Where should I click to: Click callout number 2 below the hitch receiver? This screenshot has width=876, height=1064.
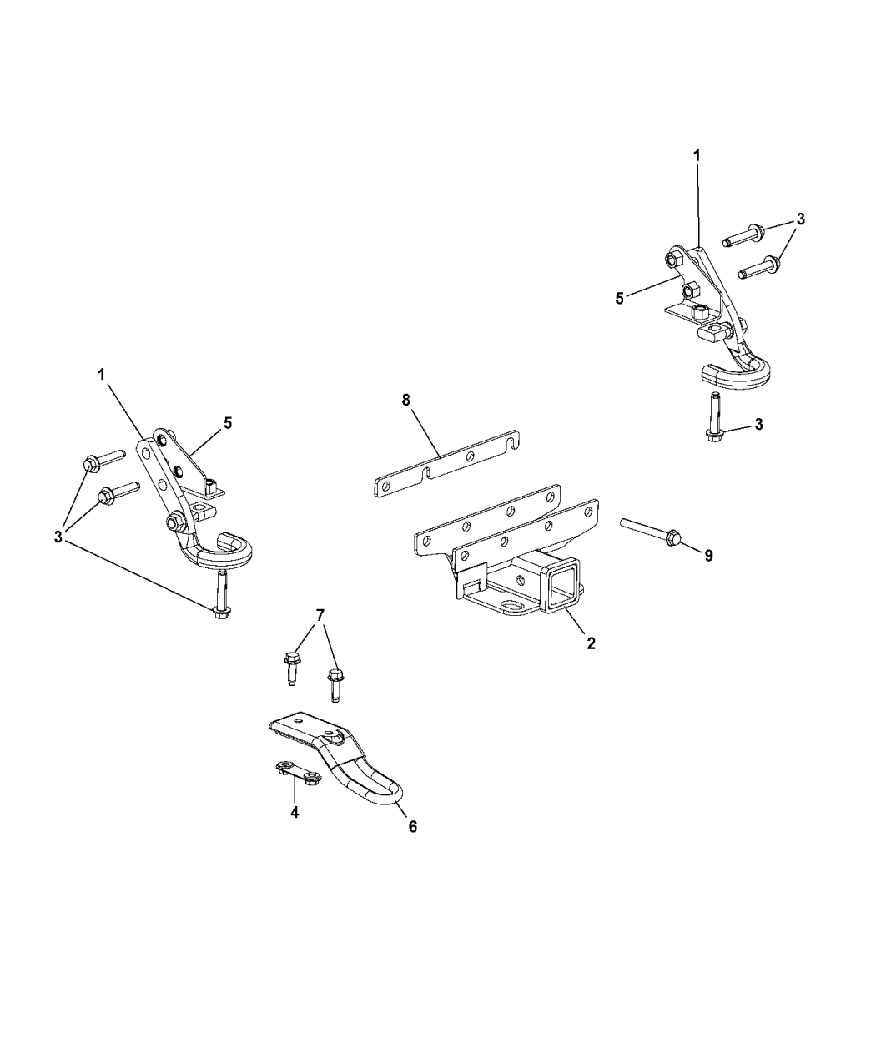591,643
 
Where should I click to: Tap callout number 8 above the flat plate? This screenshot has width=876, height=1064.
405,400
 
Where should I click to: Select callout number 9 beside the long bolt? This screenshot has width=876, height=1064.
709,556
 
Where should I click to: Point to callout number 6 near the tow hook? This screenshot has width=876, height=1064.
413,827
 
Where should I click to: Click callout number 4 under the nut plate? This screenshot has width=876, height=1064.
295,826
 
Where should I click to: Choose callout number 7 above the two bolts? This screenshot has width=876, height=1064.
320,616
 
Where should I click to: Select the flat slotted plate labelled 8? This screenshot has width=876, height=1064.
447,461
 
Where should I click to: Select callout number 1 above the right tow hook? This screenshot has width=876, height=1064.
697,155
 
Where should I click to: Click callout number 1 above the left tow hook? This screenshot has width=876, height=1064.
101,375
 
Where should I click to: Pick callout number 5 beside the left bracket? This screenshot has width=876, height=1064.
227,423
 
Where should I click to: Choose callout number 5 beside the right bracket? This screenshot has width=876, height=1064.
619,299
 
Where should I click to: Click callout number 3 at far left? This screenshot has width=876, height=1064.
58,537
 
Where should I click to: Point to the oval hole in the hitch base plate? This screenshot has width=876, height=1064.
511,603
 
